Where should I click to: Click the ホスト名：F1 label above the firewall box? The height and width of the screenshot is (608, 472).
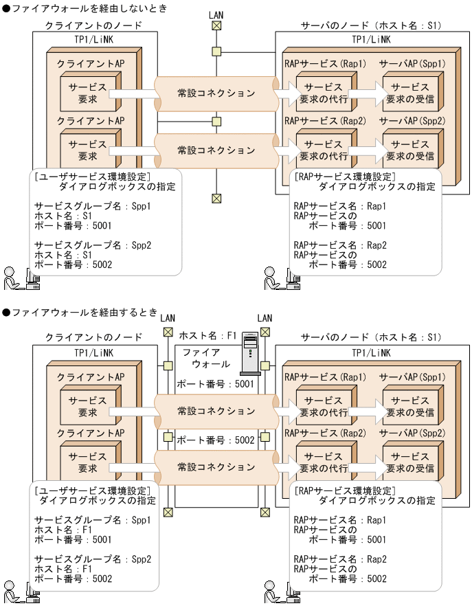point(207,336)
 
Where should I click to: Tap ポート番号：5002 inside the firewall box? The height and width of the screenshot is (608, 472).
point(216,440)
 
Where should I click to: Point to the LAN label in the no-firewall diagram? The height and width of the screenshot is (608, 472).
point(216,13)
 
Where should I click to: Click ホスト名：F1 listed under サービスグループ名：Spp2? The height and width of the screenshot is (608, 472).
point(58,570)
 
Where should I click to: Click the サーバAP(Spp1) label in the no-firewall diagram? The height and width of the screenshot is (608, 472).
point(412,63)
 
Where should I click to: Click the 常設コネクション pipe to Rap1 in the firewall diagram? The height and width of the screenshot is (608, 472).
point(216,411)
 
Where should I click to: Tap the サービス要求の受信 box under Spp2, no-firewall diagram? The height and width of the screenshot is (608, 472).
point(409,150)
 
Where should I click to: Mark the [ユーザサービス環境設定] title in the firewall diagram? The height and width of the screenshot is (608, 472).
point(92,491)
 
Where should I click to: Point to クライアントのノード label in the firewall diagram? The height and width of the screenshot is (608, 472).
point(93,337)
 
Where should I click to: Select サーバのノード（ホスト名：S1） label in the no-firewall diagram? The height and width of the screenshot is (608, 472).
point(371,25)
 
